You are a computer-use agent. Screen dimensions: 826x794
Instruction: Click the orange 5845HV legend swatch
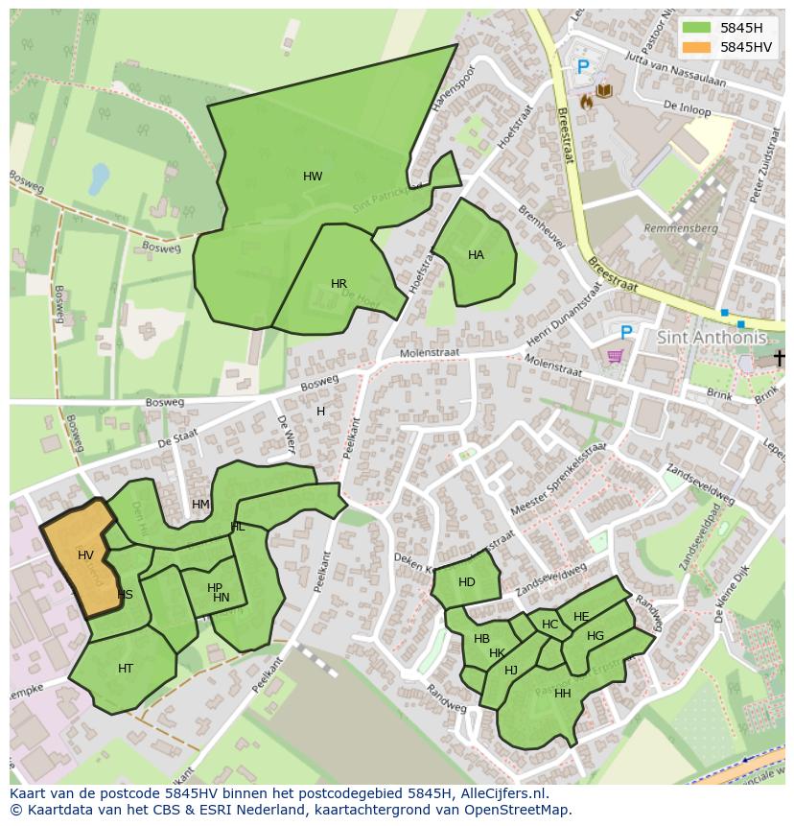tap(696, 47)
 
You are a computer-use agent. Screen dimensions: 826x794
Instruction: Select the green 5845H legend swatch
tap(696, 29)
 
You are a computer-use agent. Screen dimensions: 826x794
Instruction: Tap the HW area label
tap(313, 177)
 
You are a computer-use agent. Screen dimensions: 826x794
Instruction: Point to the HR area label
tap(339, 284)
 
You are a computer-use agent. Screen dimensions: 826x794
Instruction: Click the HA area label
tap(476, 255)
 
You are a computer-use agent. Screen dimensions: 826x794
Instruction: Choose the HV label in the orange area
tap(85, 555)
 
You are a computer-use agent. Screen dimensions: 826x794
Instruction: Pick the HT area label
tap(126, 669)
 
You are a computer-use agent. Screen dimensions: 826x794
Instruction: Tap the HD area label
tap(467, 582)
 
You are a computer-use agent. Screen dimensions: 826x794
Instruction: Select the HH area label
tap(563, 694)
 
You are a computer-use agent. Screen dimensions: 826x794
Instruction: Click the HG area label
tap(595, 636)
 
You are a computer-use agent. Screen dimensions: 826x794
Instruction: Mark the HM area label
tap(200, 505)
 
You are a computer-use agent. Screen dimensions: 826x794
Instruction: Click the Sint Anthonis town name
tap(712, 338)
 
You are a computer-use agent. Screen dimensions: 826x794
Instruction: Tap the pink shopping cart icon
tap(615, 356)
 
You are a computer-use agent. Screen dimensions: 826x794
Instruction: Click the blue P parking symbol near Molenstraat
tap(626, 332)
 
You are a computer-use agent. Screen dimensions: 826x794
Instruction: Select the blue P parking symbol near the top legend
tap(583, 67)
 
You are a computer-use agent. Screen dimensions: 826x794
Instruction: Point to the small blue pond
tap(98, 178)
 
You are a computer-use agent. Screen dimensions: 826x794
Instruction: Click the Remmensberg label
tap(681, 229)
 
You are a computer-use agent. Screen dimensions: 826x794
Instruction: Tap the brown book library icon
tap(604, 91)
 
